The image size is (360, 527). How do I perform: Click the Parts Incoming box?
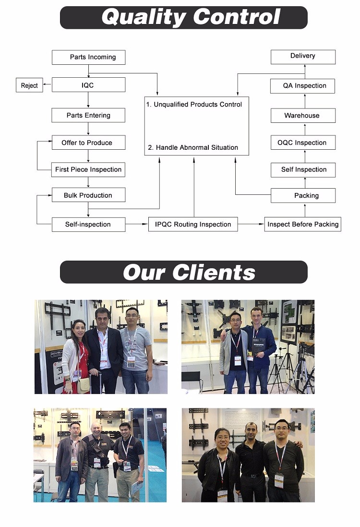88,57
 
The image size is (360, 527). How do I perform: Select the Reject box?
29,85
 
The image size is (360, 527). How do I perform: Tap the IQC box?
88,85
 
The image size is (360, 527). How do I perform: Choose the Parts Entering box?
88,115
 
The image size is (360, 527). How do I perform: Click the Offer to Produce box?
88,143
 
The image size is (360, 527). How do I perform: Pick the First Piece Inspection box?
88,169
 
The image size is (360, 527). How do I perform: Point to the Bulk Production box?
88,195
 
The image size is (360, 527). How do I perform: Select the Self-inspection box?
88,224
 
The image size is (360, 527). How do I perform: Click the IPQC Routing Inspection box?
193,224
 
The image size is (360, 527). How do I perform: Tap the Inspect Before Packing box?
303,224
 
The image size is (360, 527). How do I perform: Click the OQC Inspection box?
303,143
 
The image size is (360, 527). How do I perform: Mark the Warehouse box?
303,115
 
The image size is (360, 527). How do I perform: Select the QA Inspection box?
303,86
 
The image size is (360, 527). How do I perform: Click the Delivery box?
303,56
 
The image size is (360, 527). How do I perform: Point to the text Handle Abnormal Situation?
197,147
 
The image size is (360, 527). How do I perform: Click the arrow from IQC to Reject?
47,85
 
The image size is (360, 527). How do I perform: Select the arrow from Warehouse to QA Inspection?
304,101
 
